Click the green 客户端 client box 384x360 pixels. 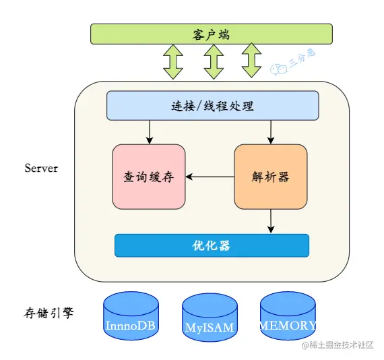pyautogui.click(x=212, y=34)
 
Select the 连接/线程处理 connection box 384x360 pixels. pyautogui.click(x=212, y=106)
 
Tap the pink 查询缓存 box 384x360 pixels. pyautogui.click(x=148, y=177)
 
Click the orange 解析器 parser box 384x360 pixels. pyautogui.click(x=270, y=177)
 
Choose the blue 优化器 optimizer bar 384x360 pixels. pyautogui.click(x=212, y=245)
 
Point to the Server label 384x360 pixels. pyautogui.click(x=41, y=168)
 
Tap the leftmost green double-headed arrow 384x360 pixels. pyautogui.click(x=172, y=61)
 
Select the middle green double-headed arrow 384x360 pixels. pyautogui.click(x=213, y=61)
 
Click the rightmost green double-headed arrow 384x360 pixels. pyautogui.click(x=252, y=61)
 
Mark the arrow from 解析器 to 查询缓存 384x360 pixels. pyautogui.click(x=210, y=177)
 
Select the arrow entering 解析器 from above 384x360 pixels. pyautogui.click(x=270, y=132)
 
